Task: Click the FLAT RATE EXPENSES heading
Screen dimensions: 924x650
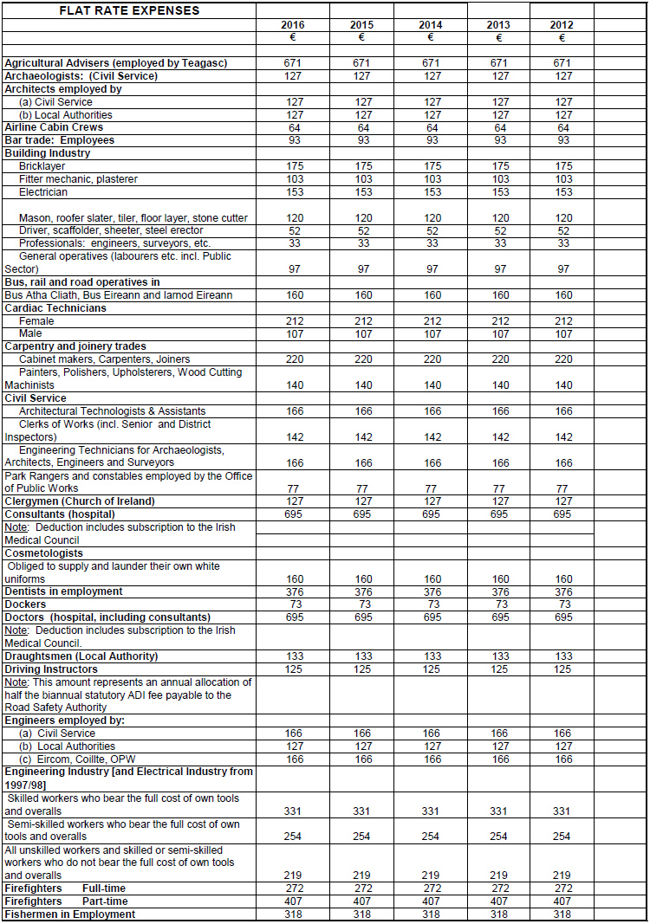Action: [129, 11]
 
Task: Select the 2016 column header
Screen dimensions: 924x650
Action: [294, 25]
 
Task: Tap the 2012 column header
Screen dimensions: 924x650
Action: [562, 25]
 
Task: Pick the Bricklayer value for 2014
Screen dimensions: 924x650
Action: [432, 166]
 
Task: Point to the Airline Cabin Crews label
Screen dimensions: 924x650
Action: [54, 127]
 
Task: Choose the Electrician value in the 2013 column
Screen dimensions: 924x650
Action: [500, 192]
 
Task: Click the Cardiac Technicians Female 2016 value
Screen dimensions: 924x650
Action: [294, 321]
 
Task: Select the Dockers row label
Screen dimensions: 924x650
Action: [26, 604]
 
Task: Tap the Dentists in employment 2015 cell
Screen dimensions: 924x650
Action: [363, 591]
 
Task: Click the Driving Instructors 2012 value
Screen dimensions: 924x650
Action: [562, 669]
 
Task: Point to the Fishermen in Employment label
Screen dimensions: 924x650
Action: [70, 914]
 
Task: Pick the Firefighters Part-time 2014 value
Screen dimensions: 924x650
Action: [432, 901]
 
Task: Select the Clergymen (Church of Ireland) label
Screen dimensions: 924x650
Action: [80, 501]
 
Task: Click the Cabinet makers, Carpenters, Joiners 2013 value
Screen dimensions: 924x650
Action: [500, 359]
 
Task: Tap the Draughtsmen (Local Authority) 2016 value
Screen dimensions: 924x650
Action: [294, 656]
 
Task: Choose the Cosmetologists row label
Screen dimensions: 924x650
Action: [44, 553]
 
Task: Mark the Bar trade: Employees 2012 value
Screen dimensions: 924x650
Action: [562, 140]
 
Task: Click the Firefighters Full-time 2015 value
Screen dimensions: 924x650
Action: [363, 888]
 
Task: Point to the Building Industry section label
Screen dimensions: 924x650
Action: [48, 153]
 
